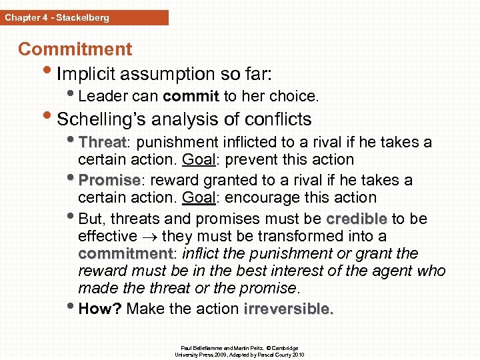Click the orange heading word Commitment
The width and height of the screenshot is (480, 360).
pyautogui.click(x=75, y=49)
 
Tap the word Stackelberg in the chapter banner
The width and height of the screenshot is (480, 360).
pyautogui.click(x=83, y=17)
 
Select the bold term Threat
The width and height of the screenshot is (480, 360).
pyautogui.click(x=102, y=143)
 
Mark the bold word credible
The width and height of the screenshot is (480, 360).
pyautogui.click(x=356, y=219)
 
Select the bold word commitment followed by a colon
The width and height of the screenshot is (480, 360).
pyautogui.click(x=125, y=254)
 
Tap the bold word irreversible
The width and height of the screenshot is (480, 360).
pyautogui.click(x=289, y=309)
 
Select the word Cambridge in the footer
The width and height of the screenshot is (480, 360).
pyautogui.click(x=284, y=348)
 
